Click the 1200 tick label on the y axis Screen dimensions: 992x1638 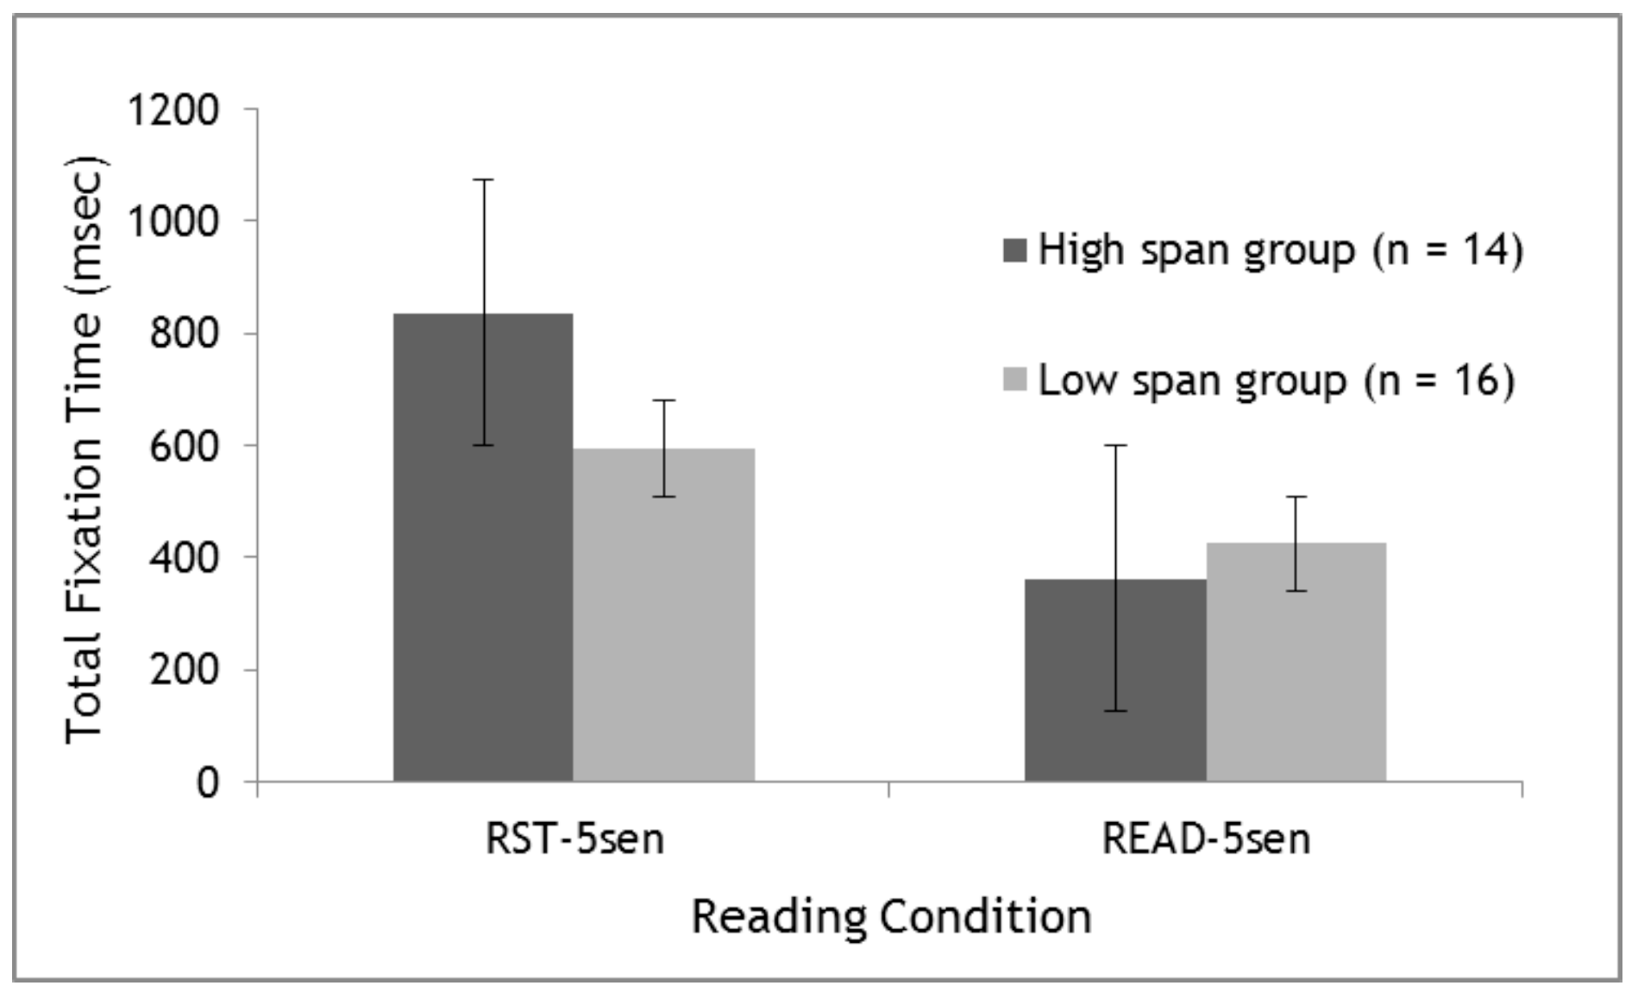pos(173,110)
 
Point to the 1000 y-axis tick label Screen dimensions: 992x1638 pos(173,222)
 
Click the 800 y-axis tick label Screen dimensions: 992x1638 pos(184,334)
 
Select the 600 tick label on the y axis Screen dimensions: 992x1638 pos(184,446)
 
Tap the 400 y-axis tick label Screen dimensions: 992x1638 pos(184,558)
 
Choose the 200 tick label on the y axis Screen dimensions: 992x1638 pos(184,670)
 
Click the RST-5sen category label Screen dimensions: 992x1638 pos(574,839)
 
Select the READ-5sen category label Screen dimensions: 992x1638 pos(1206,839)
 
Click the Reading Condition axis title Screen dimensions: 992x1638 pos(891,916)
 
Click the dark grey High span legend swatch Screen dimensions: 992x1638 pos(1015,251)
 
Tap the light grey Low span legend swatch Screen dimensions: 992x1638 pos(1015,380)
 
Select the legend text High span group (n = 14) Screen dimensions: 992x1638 pos(1280,251)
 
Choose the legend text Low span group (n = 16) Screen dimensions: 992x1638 pos(1276,380)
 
